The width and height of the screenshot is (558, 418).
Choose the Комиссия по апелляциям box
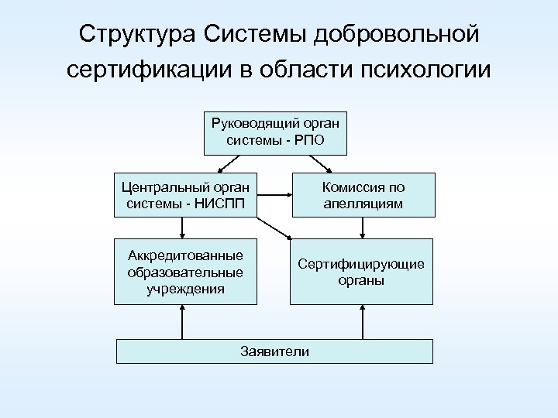[x=363, y=194]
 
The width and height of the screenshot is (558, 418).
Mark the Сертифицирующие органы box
[x=361, y=271]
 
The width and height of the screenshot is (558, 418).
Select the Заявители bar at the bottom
[x=274, y=351]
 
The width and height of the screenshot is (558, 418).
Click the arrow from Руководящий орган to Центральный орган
[x=231, y=164]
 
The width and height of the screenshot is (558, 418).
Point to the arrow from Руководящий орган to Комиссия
[x=319, y=164]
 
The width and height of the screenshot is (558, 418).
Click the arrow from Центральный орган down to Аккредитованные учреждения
[x=182, y=227]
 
